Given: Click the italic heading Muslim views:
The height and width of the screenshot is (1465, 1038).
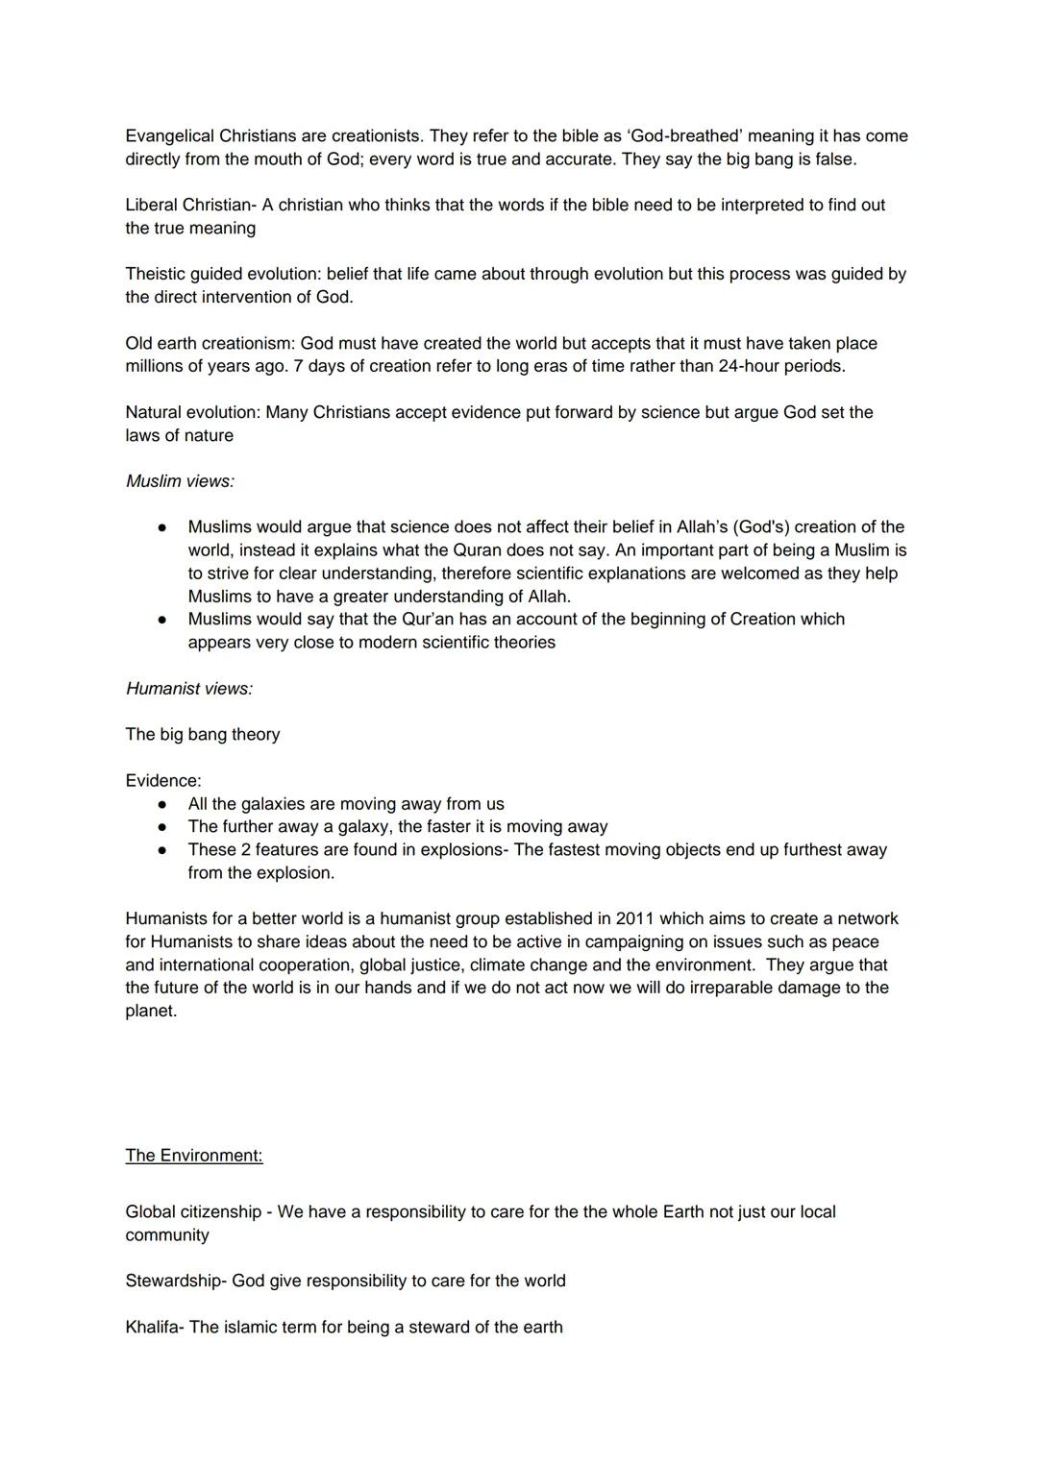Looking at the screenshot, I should click(180, 481).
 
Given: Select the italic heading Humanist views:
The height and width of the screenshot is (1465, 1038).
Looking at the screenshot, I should click(189, 689).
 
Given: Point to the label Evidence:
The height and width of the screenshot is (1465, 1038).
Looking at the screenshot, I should click(163, 781).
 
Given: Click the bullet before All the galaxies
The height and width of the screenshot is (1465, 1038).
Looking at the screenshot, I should click(163, 804).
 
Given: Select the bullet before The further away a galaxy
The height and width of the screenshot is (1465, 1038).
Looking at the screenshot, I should click(163, 827).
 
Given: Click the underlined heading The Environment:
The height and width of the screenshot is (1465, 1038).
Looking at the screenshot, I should click(193, 1156).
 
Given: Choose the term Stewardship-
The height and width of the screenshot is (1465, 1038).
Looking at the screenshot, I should click(178, 1282).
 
